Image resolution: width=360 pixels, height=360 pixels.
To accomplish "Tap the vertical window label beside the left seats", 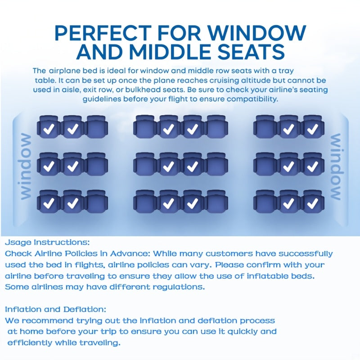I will point(26,166).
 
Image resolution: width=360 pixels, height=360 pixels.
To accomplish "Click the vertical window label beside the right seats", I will point(336,166).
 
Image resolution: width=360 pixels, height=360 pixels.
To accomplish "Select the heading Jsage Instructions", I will point(48,242).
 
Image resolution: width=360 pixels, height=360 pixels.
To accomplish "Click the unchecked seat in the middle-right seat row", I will point(265,166).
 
